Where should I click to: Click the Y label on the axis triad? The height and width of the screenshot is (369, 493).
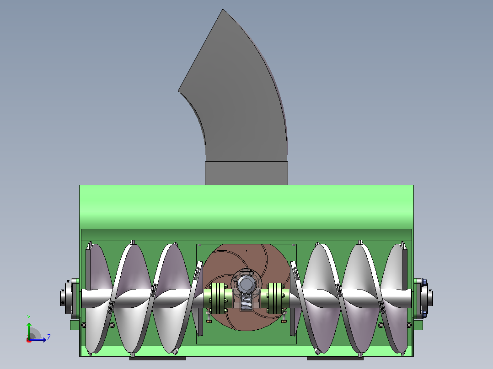(x=29, y=318)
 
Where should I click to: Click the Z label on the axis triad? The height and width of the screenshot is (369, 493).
(x=49, y=337)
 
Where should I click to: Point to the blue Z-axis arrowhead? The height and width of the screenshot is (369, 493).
(x=44, y=340)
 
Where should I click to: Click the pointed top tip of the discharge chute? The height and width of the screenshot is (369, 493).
(x=223, y=10)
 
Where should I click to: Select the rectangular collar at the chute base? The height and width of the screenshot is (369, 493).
(x=246, y=173)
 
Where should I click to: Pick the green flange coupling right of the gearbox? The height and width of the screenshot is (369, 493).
(x=274, y=298)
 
